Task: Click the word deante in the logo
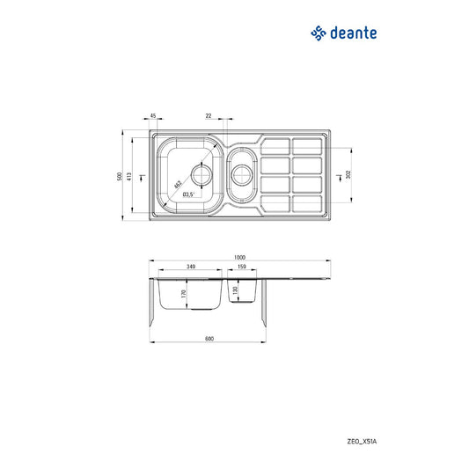coord(355,33)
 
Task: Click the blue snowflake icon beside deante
coord(318,33)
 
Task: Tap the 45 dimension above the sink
coord(152,116)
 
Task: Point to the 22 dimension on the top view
coord(209,116)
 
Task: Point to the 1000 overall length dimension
coord(239,257)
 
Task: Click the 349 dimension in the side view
coord(191,267)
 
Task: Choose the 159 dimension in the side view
coord(240,267)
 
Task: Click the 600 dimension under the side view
coord(209,339)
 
